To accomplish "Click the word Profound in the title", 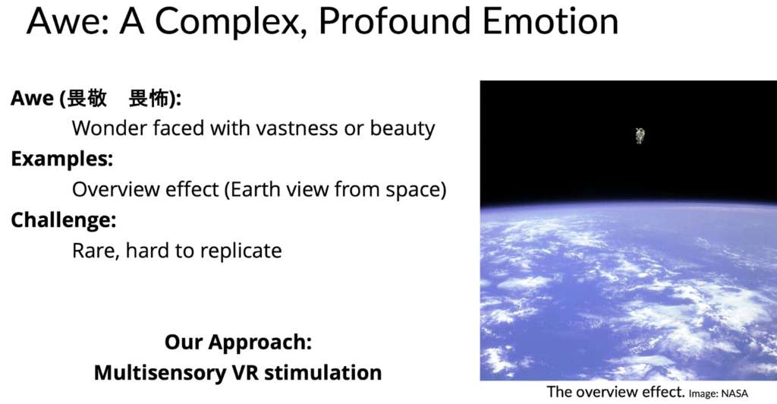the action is pyautogui.click(x=395, y=21).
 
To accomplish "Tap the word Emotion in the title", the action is pyautogui.click(x=551, y=21).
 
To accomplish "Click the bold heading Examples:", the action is pyautogui.click(x=62, y=159).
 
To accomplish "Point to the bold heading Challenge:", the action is pyautogui.click(x=64, y=220).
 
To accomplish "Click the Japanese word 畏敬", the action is pyautogui.click(x=87, y=98).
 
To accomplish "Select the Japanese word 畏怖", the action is pyautogui.click(x=149, y=98).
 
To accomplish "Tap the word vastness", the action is pyautogui.click(x=297, y=128).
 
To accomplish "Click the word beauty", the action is pyautogui.click(x=402, y=129).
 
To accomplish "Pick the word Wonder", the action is pyautogui.click(x=109, y=128).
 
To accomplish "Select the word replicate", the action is pyautogui.click(x=241, y=251).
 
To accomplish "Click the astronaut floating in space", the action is pyautogui.click(x=640, y=135).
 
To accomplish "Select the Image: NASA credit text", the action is pyautogui.click(x=718, y=393).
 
